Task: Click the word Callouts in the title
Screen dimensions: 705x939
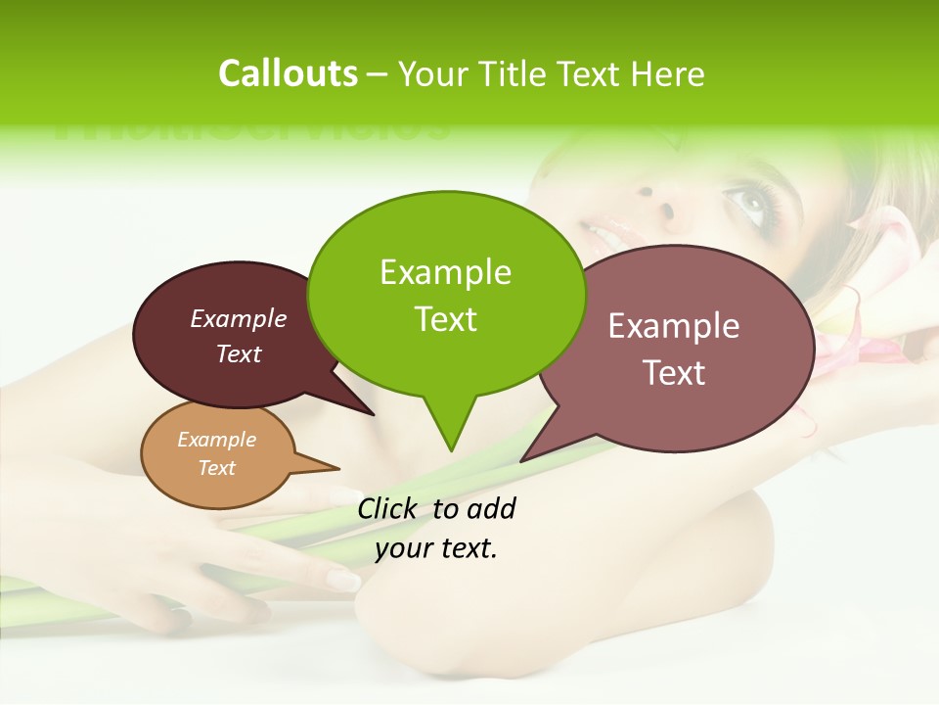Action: (x=288, y=73)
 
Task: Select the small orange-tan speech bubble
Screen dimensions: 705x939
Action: (x=217, y=454)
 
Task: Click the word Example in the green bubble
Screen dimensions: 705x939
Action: (x=445, y=271)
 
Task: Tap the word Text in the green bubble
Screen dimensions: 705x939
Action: (x=446, y=318)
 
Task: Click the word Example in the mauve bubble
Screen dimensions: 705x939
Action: (x=674, y=326)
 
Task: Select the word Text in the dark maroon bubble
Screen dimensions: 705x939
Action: (x=239, y=353)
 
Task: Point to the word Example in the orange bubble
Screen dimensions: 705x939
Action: (x=216, y=440)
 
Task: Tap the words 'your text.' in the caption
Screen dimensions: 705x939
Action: (x=436, y=548)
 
